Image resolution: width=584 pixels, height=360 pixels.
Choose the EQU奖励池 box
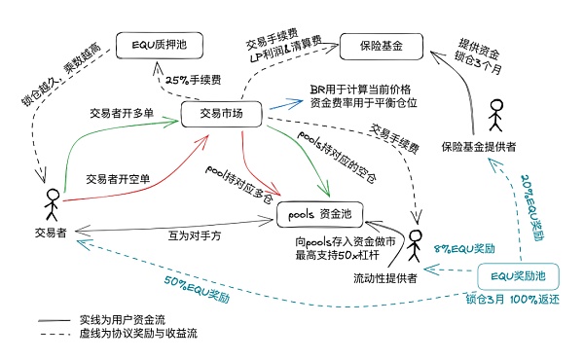[518, 276]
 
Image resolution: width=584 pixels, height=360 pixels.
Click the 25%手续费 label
[195, 80]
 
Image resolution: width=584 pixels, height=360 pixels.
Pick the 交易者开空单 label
[120, 179]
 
